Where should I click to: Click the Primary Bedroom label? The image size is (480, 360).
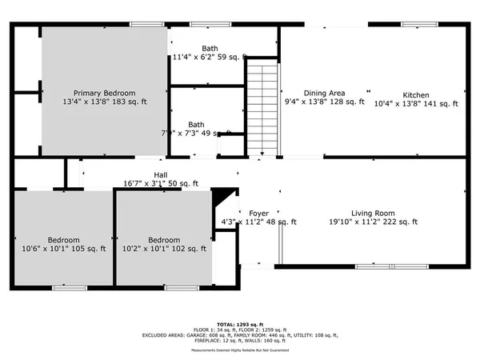105,93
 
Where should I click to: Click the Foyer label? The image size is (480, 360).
258,213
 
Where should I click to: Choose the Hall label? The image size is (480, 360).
161,174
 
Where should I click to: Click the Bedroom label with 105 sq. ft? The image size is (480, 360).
63,239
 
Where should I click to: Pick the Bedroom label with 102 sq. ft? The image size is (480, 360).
165,239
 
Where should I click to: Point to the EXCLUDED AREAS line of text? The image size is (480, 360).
240,334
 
